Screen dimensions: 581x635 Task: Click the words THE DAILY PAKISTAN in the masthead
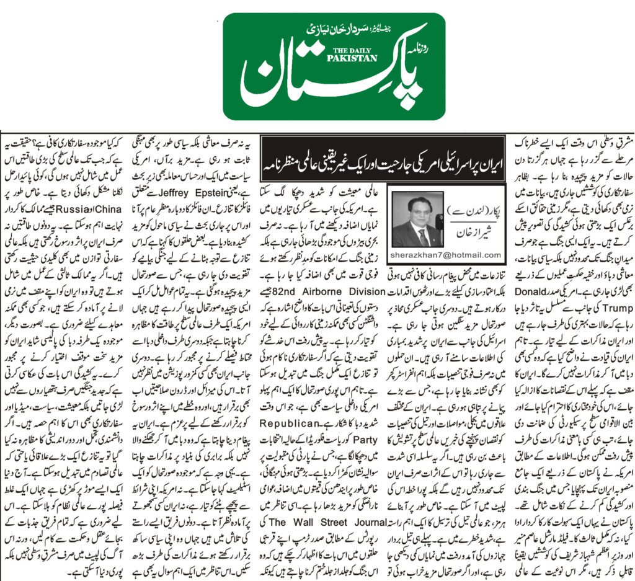(350, 54)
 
